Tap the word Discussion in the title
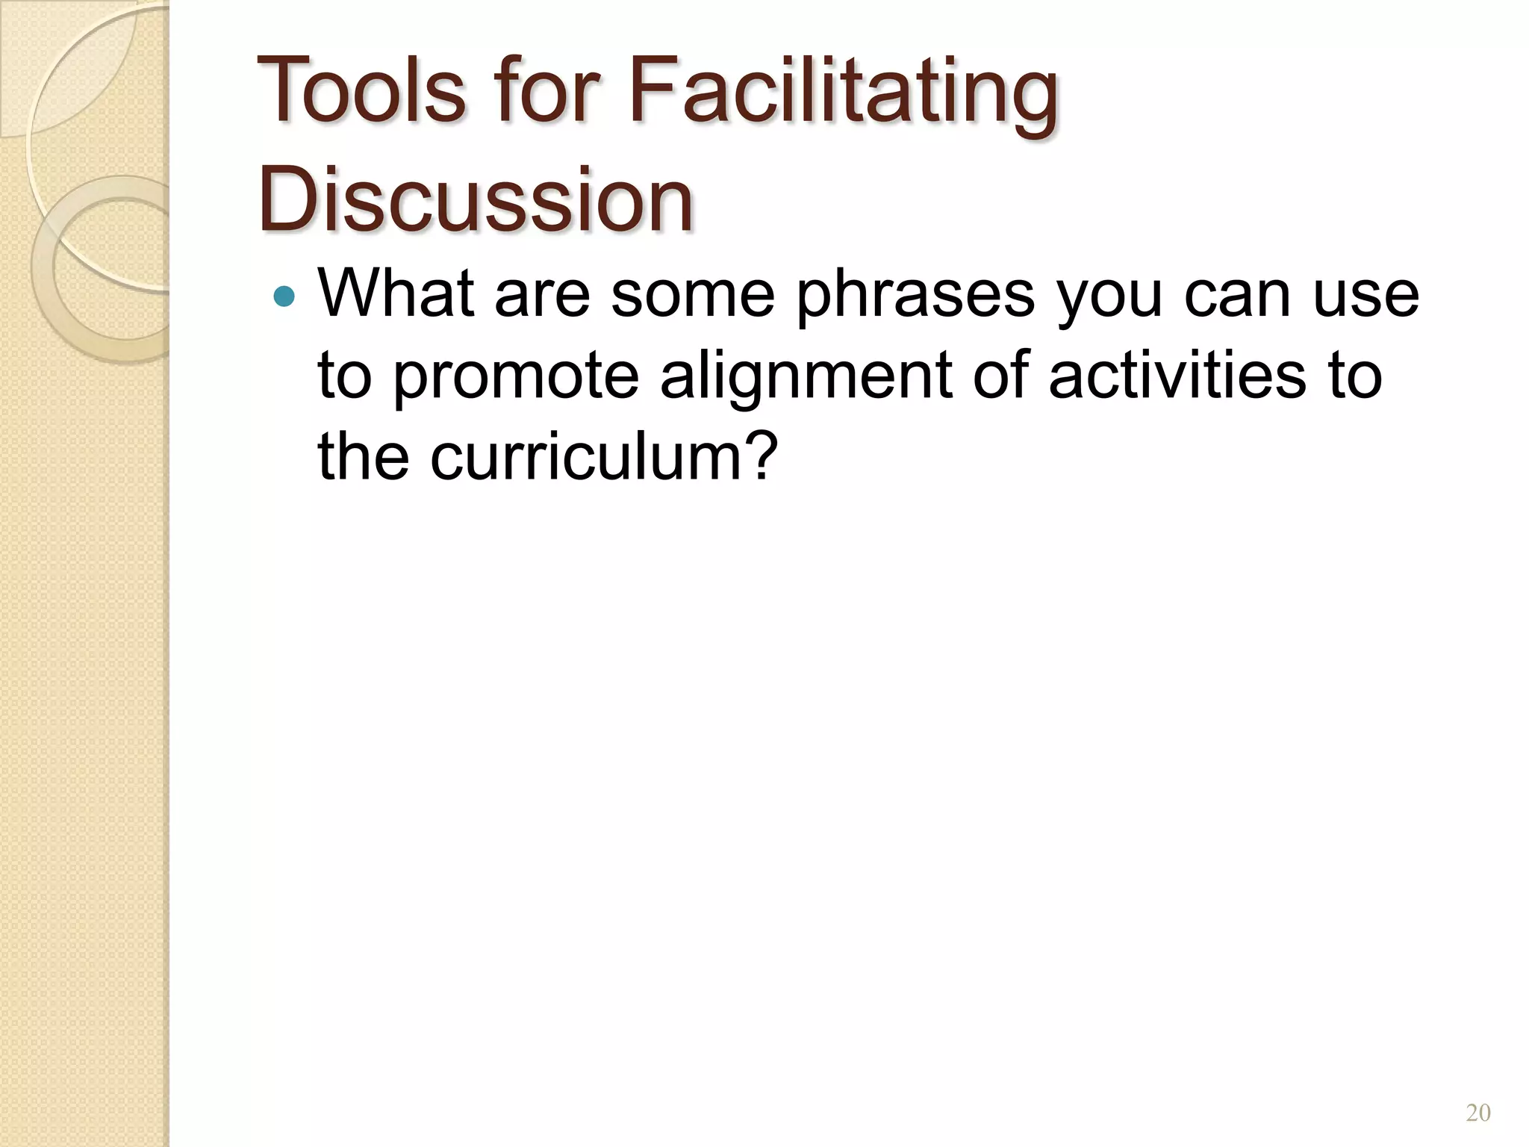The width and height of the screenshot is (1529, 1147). [x=476, y=200]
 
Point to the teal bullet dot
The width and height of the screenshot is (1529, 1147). [x=284, y=297]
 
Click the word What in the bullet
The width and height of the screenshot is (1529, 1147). [x=396, y=293]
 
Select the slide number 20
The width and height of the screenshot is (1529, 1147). [x=1478, y=1113]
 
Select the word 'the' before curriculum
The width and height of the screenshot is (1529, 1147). [x=364, y=456]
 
